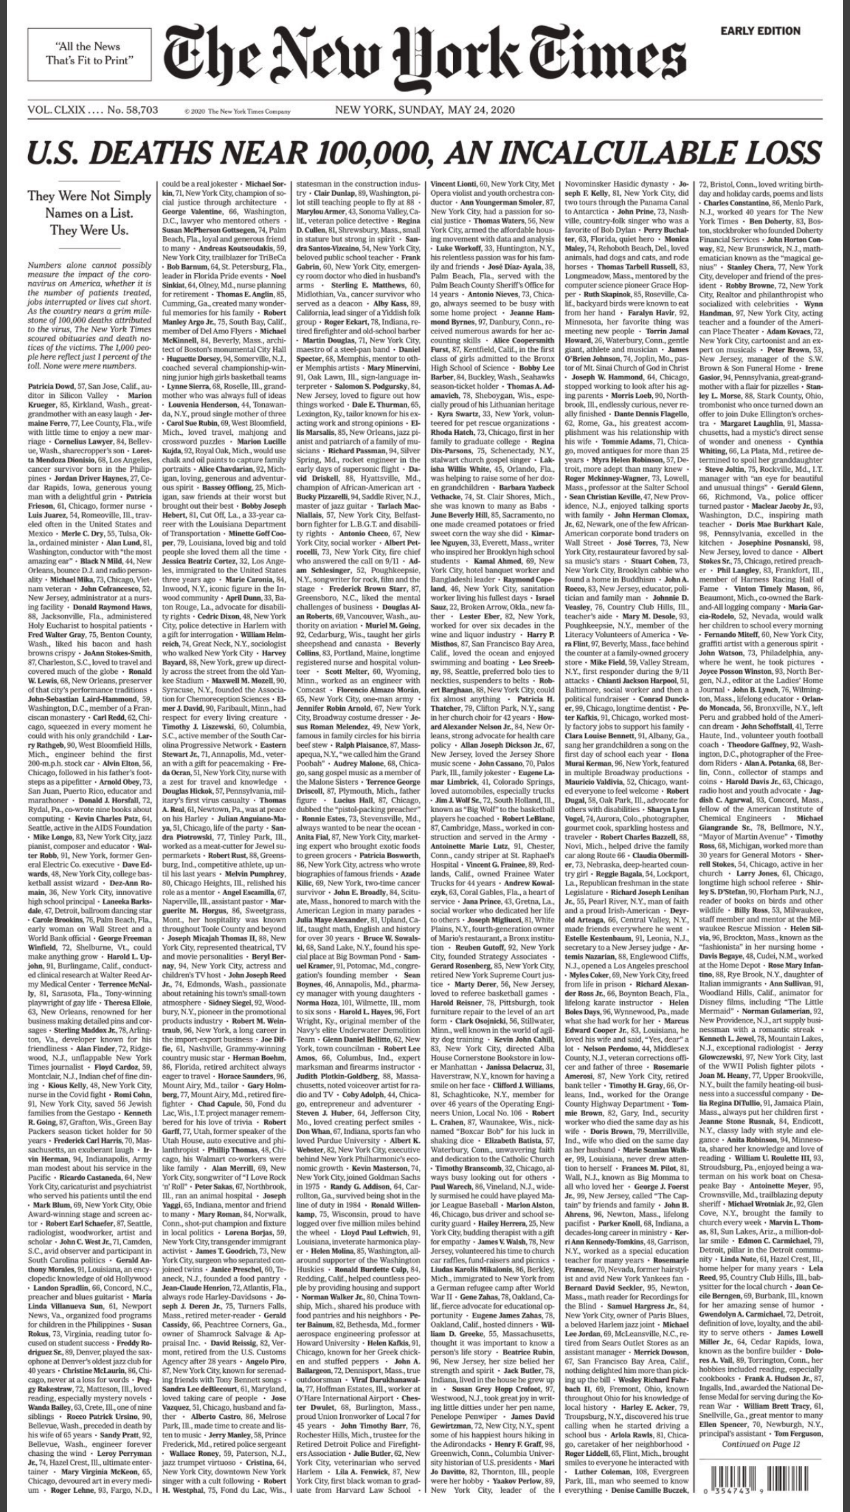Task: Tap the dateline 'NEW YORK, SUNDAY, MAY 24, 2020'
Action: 424,110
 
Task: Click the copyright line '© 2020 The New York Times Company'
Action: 237,112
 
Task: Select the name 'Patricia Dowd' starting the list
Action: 53,387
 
